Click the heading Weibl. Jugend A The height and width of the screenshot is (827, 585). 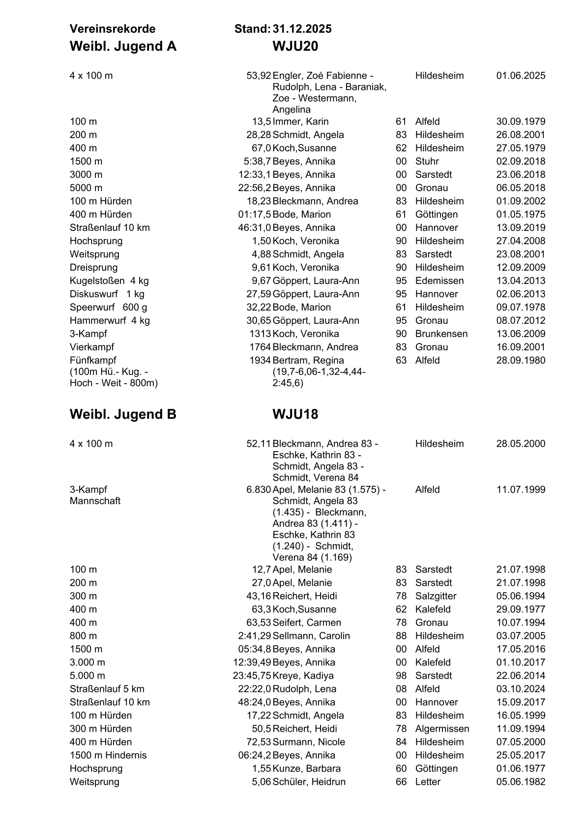tap(123, 46)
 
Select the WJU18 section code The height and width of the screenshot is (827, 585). tap(295, 414)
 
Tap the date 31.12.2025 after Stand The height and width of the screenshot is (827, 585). tap(302, 29)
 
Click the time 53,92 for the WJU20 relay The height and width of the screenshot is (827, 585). tap(259, 76)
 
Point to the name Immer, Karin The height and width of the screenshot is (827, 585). tap(300, 121)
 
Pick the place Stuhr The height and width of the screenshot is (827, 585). tap(427, 161)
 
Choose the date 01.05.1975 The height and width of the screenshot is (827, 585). tap(521, 214)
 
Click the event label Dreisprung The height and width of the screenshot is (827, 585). tap(93, 267)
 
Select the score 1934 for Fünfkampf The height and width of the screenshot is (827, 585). tap(260, 360)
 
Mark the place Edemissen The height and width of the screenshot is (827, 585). tap(439, 281)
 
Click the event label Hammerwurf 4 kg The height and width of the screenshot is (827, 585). tap(110, 320)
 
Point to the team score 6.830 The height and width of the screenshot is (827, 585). tap(259, 489)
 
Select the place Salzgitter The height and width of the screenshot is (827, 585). tap(436, 596)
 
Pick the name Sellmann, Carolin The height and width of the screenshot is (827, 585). tap(311, 636)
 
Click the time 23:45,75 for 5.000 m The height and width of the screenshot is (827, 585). tap(252, 676)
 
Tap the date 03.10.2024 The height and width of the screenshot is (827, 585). tap(521, 689)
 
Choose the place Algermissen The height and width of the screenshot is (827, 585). tap(442, 729)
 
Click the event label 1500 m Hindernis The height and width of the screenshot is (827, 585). tap(108, 755)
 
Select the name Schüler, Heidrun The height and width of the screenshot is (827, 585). tap(309, 782)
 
